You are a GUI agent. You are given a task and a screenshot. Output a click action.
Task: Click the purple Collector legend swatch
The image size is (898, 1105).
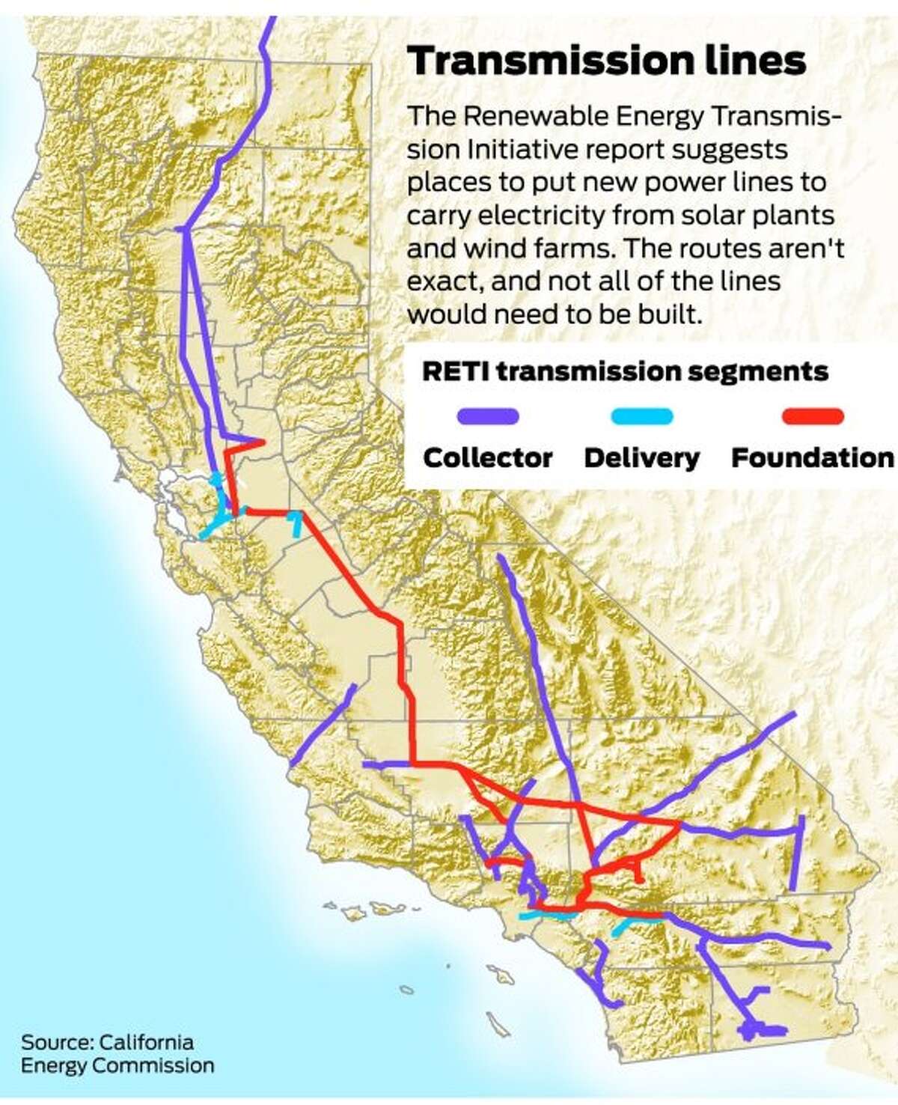488,416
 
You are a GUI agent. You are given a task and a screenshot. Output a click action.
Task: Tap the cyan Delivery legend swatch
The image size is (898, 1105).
641,416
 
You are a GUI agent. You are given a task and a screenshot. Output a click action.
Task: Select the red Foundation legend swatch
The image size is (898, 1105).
812,416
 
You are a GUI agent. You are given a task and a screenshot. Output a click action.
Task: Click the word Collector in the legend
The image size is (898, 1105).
488,457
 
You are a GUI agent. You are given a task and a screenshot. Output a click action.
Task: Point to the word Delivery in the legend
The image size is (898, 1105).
641,457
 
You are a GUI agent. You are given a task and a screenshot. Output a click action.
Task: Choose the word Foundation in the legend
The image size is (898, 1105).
812,457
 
